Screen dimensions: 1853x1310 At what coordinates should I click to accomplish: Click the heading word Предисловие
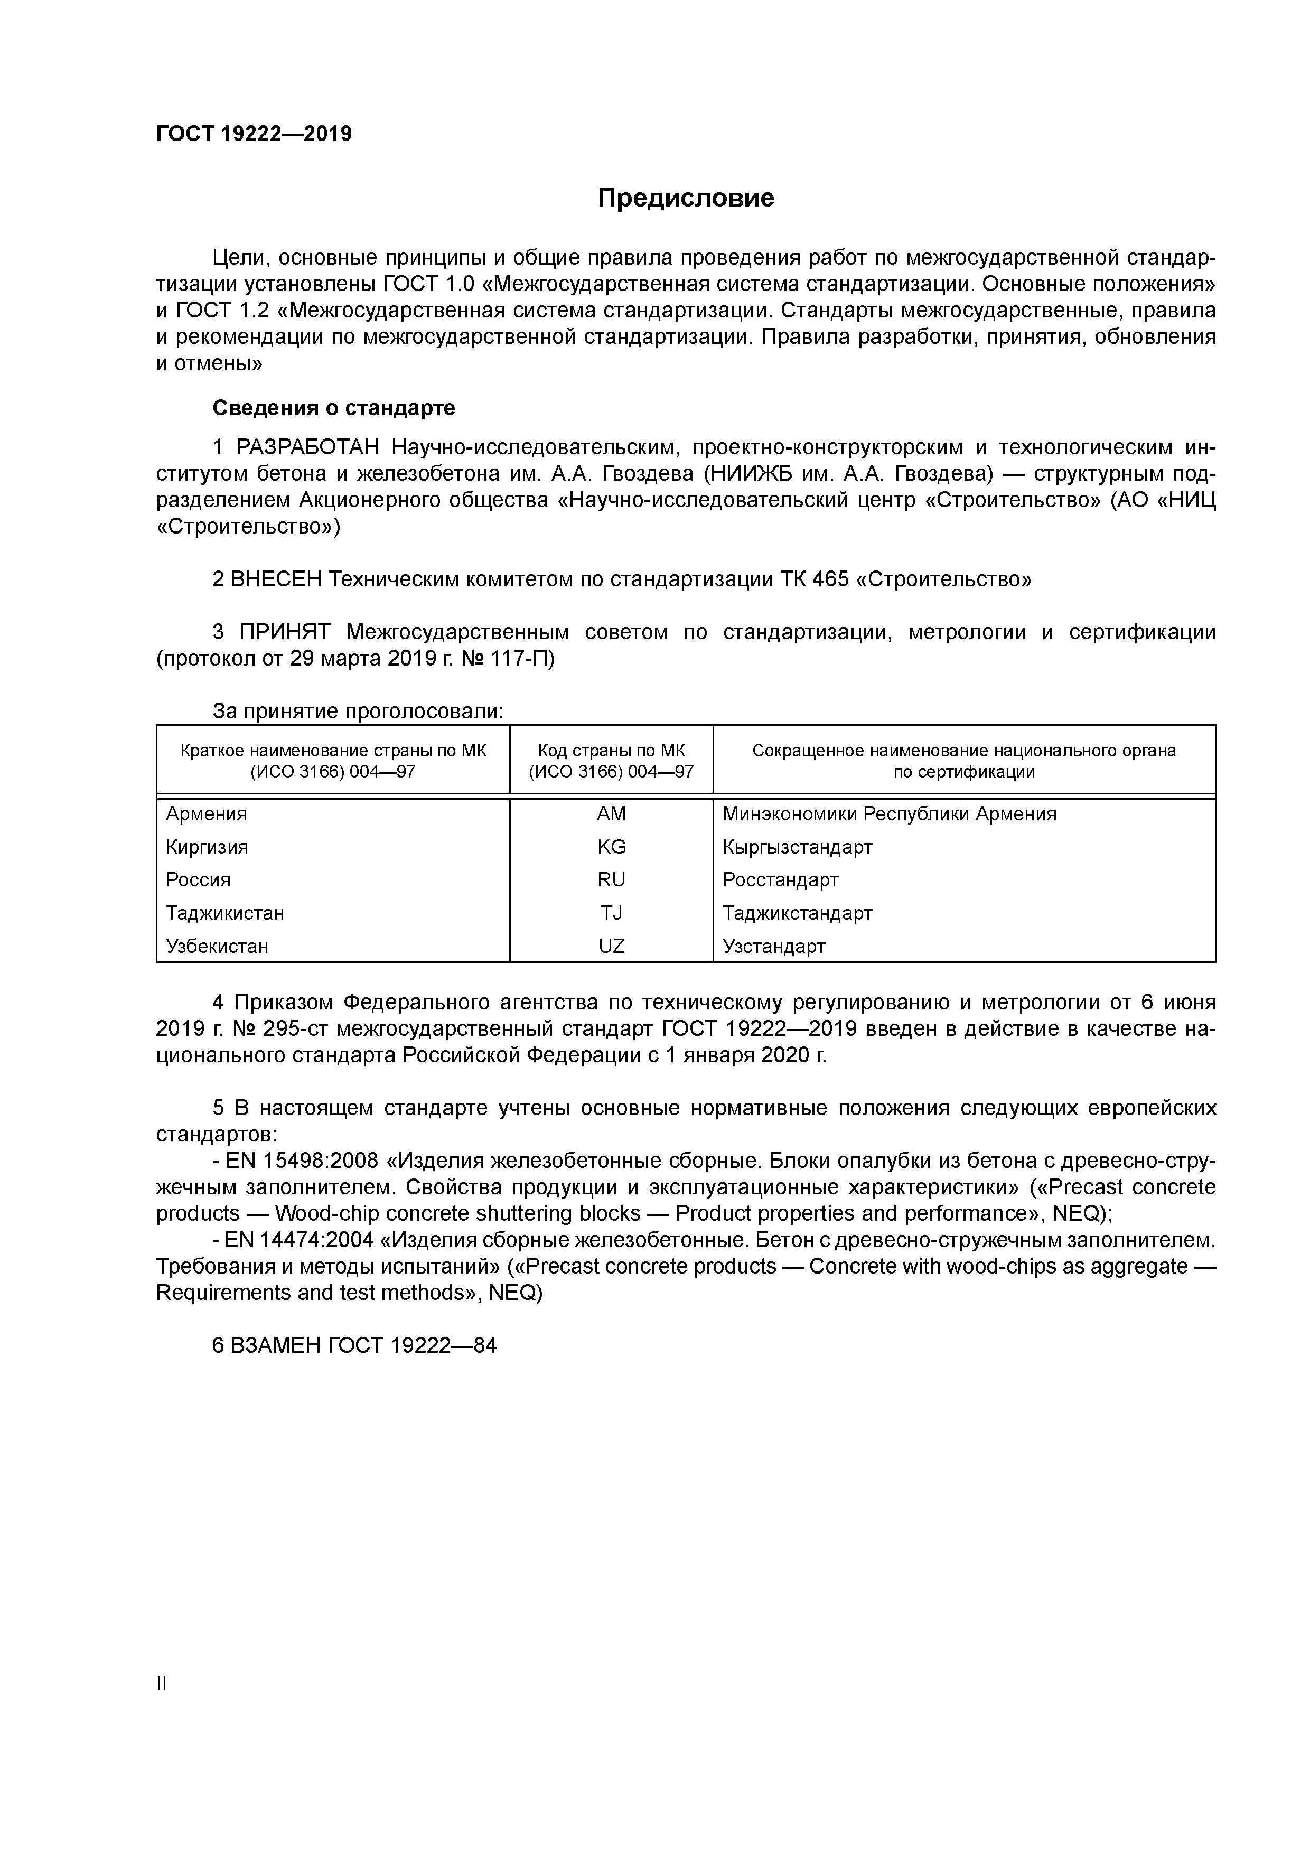click(x=685, y=198)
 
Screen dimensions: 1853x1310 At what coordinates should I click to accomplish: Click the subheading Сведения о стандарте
click(x=333, y=408)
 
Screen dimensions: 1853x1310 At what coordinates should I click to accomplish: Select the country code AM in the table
click(x=611, y=813)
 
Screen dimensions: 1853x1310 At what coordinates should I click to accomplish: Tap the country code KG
click(x=611, y=847)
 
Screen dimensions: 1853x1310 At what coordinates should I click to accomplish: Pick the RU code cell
click(x=611, y=879)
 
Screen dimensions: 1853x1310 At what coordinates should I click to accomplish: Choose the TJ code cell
click(x=611, y=913)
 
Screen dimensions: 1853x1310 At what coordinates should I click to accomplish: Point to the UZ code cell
click(x=611, y=946)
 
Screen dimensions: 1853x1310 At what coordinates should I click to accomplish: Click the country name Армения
click(x=207, y=813)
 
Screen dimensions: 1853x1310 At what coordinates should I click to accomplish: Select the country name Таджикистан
click(x=225, y=913)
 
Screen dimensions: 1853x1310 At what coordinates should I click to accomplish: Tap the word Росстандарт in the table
click(x=781, y=879)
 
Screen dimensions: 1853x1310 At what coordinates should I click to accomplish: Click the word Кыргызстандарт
click(x=798, y=847)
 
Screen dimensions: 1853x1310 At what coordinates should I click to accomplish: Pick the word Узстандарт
click(x=774, y=946)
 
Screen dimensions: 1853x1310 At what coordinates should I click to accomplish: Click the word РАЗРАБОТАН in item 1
click(x=307, y=447)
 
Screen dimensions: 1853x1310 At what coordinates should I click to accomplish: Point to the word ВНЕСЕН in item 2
click(x=276, y=579)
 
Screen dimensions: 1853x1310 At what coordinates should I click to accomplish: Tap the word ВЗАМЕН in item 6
click(x=276, y=1345)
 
